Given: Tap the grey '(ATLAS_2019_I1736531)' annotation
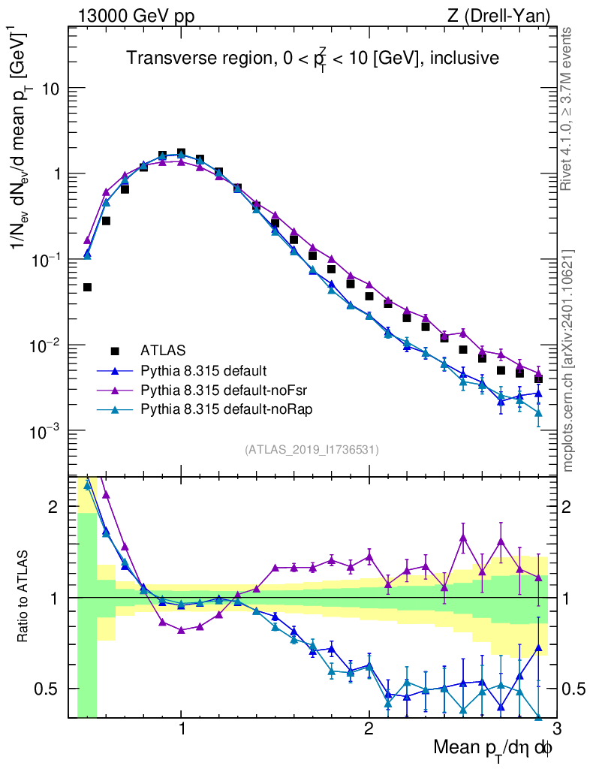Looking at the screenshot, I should [312, 450].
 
